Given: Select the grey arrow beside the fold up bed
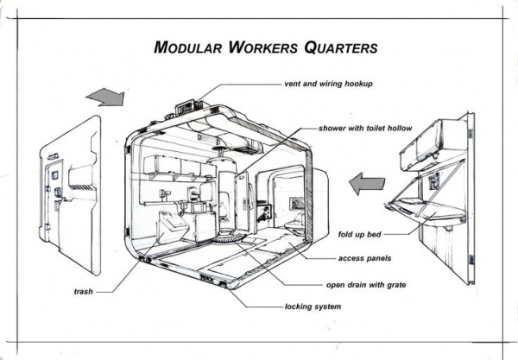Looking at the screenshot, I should coord(365,183).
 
